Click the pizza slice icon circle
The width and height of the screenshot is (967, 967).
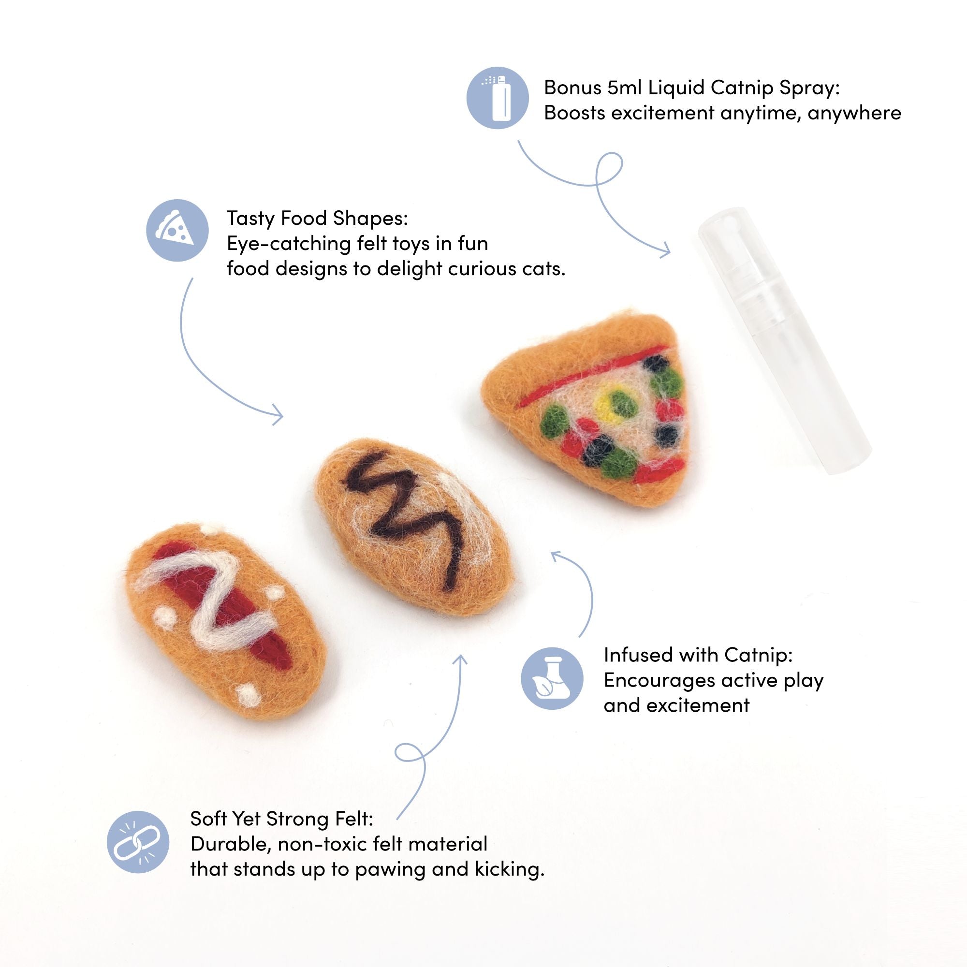(177, 230)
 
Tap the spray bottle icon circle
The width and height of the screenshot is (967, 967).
(498, 98)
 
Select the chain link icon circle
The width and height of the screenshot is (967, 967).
(138, 842)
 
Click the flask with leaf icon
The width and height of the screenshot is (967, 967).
(552, 678)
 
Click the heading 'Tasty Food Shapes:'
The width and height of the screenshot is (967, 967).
(317, 218)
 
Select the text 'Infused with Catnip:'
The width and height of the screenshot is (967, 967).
(698, 655)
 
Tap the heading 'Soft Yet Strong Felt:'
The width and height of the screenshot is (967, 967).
(282, 819)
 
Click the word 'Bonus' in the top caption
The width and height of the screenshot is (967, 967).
(572, 88)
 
